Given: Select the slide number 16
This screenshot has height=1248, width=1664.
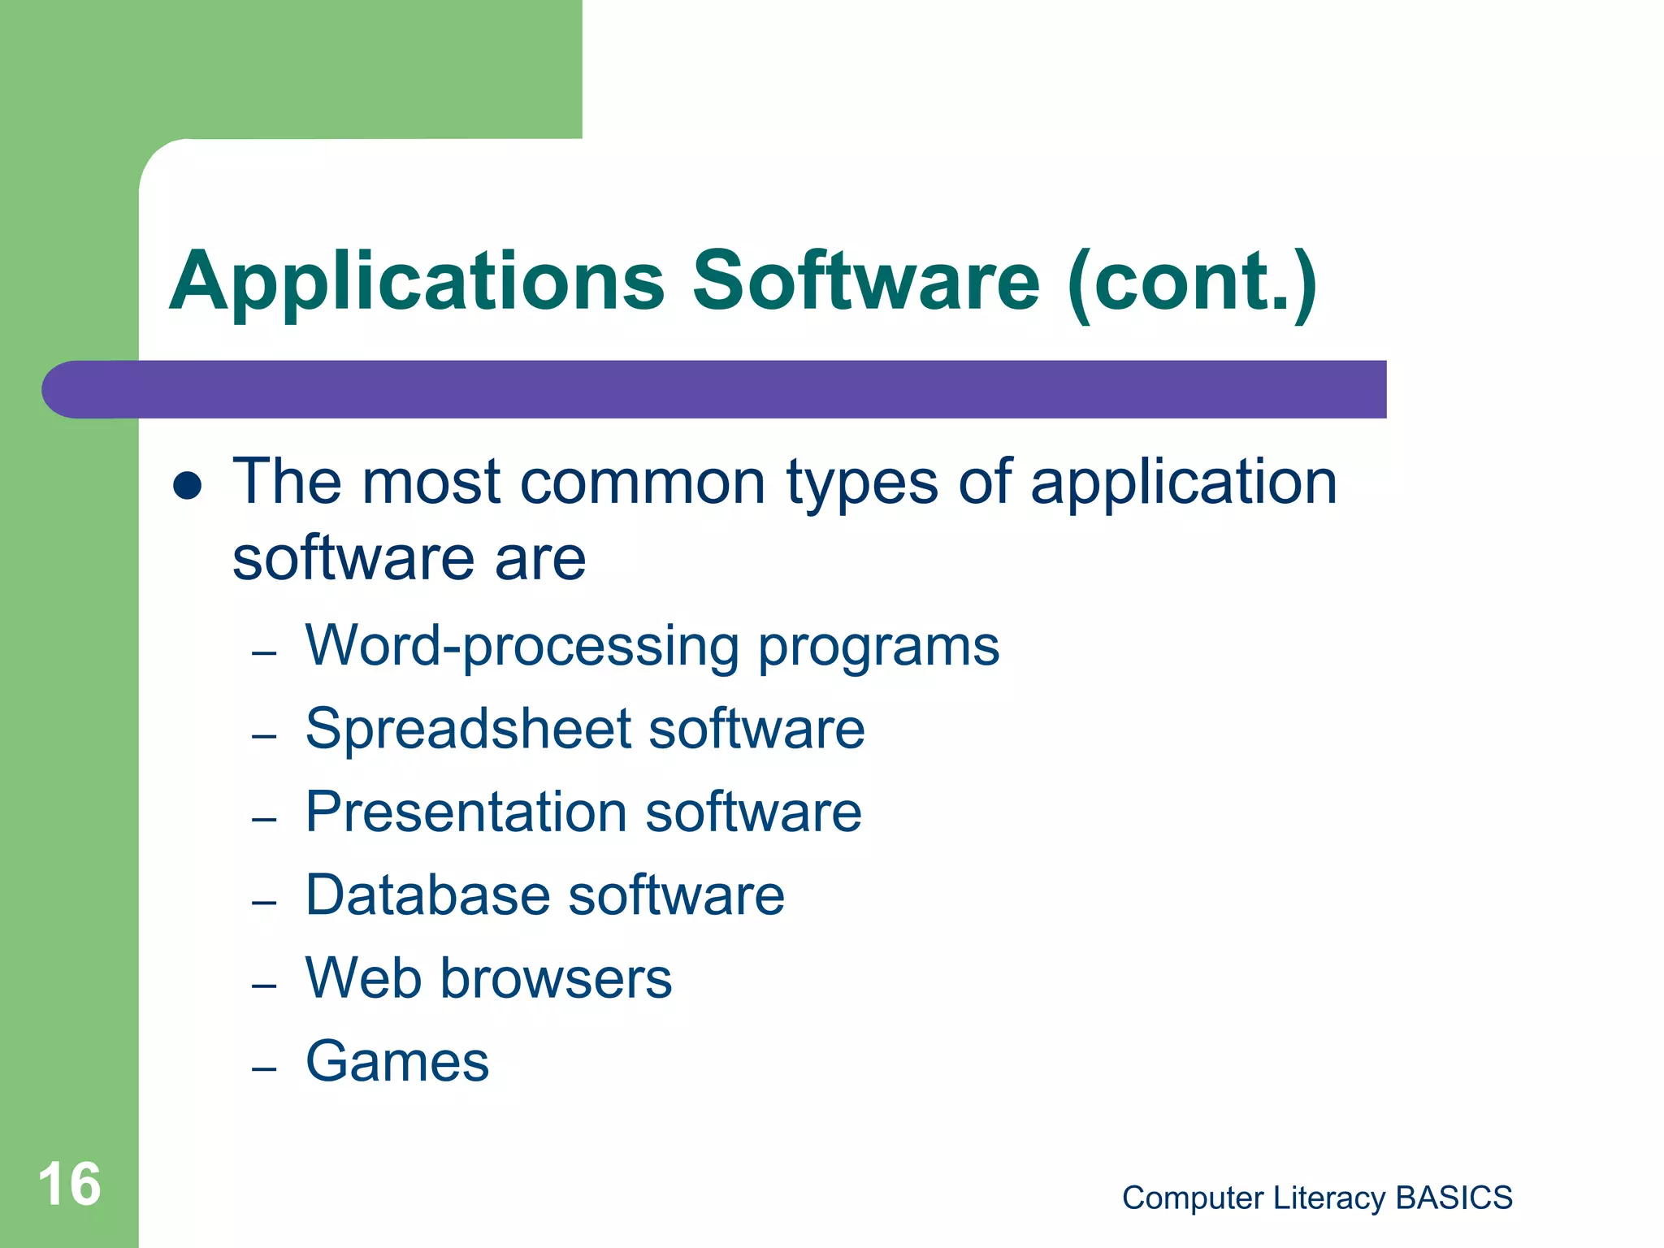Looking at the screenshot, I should pyautogui.click(x=69, y=1185).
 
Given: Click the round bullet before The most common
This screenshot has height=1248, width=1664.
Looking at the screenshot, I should pyautogui.click(x=188, y=485).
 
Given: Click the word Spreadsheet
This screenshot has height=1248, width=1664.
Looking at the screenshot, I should pyautogui.click(x=468, y=729).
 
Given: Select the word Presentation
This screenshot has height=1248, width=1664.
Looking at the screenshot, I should pyautogui.click(x=466, y=812).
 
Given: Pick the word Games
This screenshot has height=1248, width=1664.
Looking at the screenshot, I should pyautogui.click(x=397, y=1061).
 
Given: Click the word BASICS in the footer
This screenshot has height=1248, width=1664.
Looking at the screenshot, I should pyautogui.click(x=1454, y=1198).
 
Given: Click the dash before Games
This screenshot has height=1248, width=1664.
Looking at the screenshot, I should pyautogui.click(x=264, y=1068).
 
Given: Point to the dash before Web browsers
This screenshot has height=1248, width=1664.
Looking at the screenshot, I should pyautogui.click(x=264, y=986).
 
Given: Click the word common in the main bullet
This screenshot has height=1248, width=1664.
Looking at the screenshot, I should pyautogui.click(x=643, y=482).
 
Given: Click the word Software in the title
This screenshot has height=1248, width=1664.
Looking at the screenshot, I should pyautogui.click(x=865, y=281).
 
